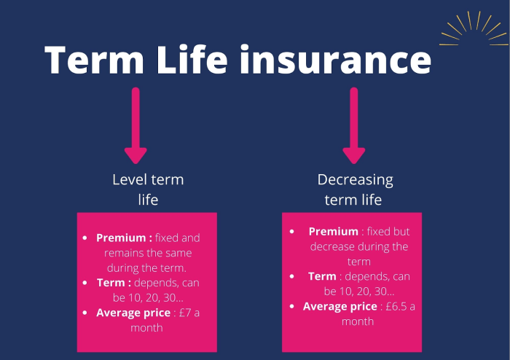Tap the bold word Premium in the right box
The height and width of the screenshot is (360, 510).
[334, 232]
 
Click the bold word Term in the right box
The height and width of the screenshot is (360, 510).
[322, 276]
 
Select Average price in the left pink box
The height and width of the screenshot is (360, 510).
[133, 313]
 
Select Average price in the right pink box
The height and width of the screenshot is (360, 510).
[340, 306]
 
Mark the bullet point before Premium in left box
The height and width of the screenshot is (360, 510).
[85, 238]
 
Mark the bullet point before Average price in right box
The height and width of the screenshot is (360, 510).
[292, 306]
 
